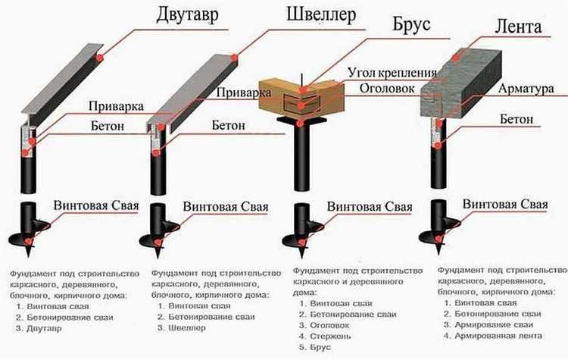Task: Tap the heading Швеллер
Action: coord(321,17)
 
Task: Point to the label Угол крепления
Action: coord(392,74)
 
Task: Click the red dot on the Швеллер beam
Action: coord(235,57)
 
